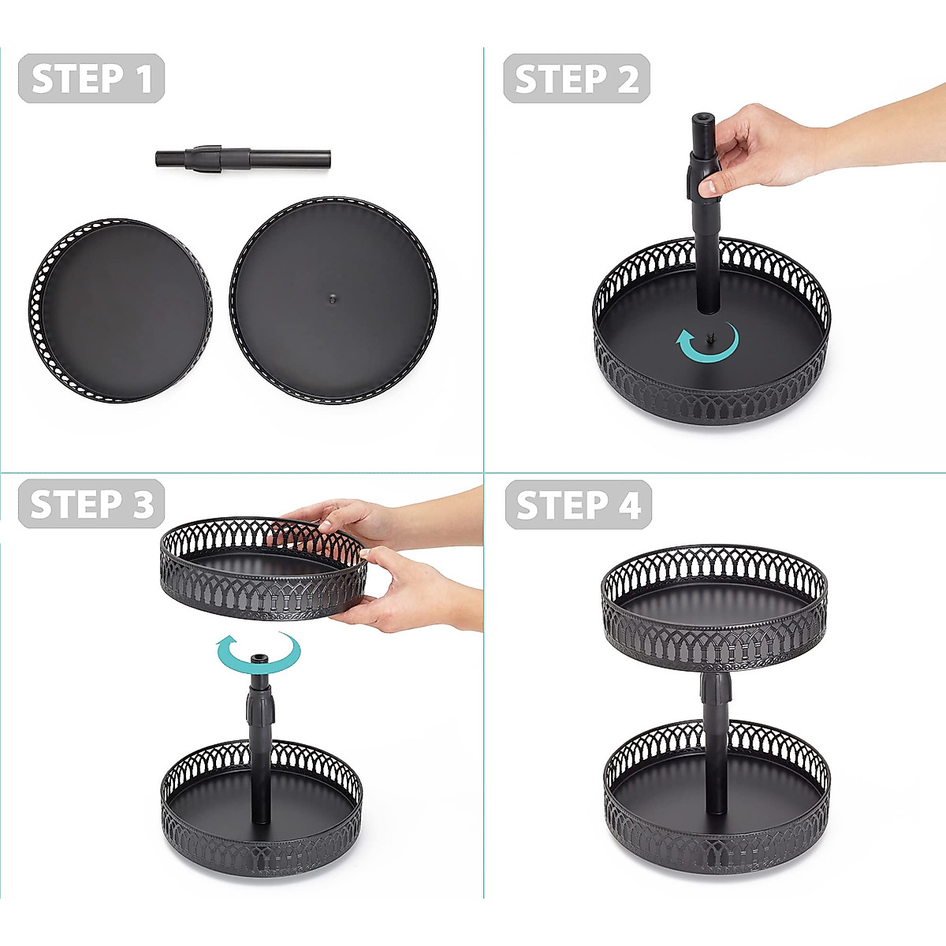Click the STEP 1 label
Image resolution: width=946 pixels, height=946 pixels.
[x=91, y=79]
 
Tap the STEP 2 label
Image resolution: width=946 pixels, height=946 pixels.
[x=576, y=79]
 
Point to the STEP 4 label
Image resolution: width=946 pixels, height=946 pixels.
[x=578, y=505]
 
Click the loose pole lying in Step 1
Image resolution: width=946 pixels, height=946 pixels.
[x=242, y=157]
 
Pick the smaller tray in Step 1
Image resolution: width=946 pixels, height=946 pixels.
[x=121, y=311]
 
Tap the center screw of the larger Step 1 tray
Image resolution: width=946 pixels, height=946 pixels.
[x=333, y=299]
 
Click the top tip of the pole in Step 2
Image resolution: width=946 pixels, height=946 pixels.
[x=703, y=120]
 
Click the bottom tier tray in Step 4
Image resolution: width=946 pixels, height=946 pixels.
[x=717, y=796]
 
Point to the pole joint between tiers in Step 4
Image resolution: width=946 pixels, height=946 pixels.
[x=716, y=690]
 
